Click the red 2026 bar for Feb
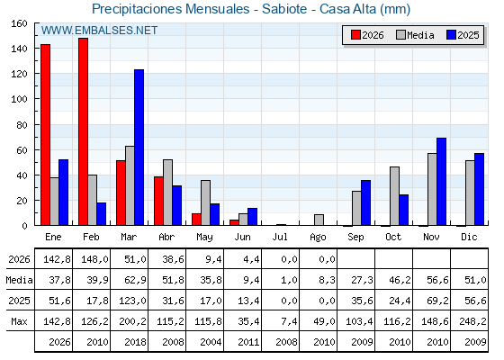coord(83,131)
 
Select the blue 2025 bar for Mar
coord(139,148)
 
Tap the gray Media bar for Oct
coord(395,196)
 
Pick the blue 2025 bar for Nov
coord(441,182)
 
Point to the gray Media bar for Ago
coord(319,220)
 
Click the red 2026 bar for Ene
coord(45,135)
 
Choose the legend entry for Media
coord(415,35)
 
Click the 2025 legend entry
coord(463,35)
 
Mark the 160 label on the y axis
coord(20,23)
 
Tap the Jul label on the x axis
coord(280,237)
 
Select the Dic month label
coord(469,237)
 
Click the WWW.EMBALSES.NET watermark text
coord(99,31)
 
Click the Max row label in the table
coord(19,321)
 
